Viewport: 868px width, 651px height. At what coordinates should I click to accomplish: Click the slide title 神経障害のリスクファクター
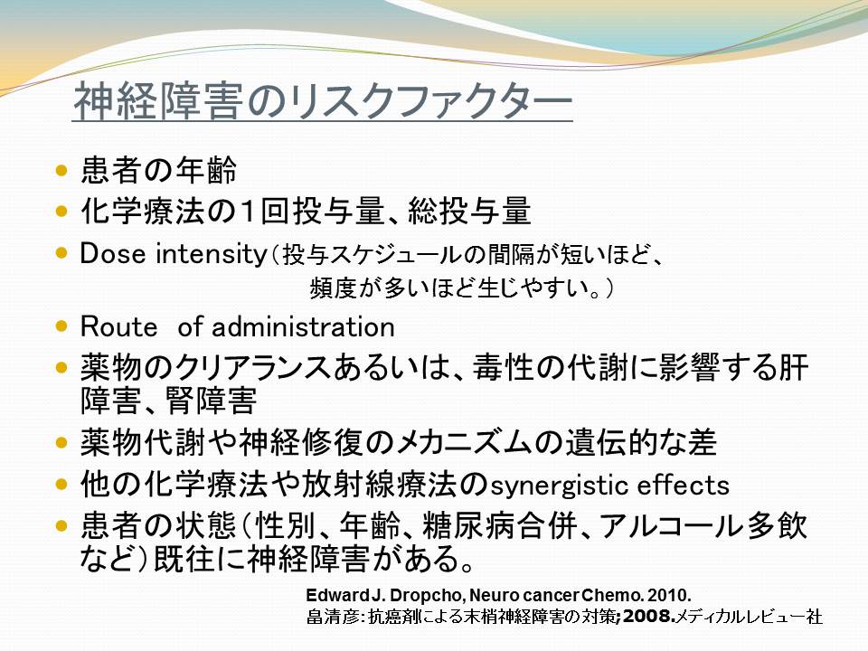point(323,101)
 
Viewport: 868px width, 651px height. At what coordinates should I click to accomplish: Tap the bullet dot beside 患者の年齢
point(62,170)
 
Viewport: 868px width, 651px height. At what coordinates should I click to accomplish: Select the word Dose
point(114,253)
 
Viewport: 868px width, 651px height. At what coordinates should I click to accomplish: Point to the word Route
point(119,326)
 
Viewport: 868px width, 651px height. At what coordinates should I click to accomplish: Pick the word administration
point(304,326)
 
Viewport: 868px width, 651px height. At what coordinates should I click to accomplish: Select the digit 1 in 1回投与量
point(247,211)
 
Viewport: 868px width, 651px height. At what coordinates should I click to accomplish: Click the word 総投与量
point(469,211)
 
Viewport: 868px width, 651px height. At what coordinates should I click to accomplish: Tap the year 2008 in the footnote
point(645,616)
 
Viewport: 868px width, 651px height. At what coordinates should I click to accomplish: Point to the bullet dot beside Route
point(62,326)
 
